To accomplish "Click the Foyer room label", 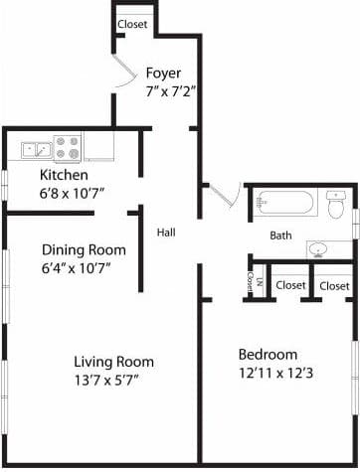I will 163,73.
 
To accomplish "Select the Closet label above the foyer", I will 132,24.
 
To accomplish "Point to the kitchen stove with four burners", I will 67,148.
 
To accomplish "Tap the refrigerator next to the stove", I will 98,147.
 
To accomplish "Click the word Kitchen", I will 65,176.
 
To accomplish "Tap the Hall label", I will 166,233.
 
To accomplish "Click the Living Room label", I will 113,361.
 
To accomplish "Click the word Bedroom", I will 267,355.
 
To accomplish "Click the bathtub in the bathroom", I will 284,205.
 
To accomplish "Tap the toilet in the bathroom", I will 335,206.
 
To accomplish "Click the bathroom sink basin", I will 319,248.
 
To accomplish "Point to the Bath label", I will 280,236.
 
